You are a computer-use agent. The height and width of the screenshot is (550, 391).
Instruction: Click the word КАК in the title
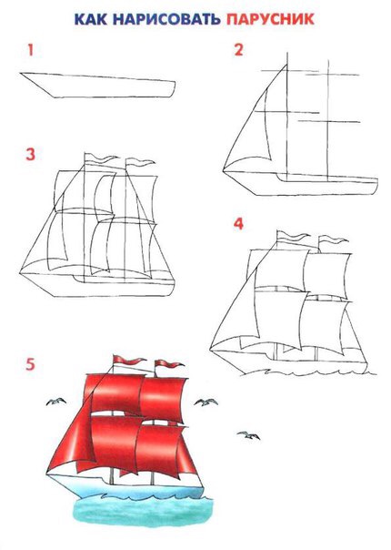click(x=91, y=19)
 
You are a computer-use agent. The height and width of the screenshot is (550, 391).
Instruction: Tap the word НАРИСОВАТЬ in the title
click(x=166, y=19)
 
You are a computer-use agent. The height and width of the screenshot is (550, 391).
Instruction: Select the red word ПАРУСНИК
click(x=270, y=19)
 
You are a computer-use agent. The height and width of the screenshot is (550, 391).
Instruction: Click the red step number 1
click(x=31, y=50)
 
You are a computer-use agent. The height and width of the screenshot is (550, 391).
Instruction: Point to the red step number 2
click(x=238, y=50)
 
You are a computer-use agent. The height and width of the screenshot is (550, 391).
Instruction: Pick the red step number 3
click(x=31, y=154)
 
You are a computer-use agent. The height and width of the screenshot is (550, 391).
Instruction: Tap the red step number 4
click(x=238, y=223)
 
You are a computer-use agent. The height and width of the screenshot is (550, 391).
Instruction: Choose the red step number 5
click(x=31, y=364)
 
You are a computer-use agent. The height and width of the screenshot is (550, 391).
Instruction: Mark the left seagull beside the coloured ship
click(x=56, y=402)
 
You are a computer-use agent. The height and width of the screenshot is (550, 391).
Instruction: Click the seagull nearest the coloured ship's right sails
click(x=206, y=402)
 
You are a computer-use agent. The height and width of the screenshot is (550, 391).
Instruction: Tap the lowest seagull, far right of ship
click(x=248, y=435)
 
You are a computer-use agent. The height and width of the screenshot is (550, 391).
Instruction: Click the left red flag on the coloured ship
click(x=128, y=360)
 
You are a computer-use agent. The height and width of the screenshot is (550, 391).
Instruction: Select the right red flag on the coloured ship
click(x=169, y=363)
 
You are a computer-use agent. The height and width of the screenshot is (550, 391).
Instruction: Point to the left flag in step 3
click(x=101, y=158)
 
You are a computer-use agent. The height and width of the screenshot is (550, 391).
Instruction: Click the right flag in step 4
click(x=333, y=240)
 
